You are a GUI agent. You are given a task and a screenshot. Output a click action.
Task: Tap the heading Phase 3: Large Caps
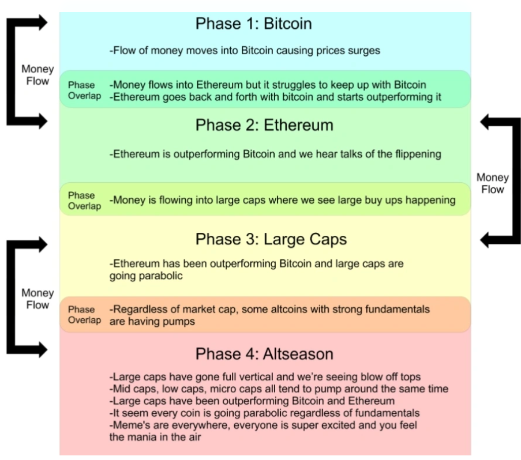point(271,239)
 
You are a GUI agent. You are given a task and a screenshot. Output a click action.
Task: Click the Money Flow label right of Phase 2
point(492,183)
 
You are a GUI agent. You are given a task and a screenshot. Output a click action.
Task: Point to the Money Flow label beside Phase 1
point(38,75)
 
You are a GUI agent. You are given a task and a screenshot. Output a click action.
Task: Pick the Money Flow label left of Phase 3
point(38,299)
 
